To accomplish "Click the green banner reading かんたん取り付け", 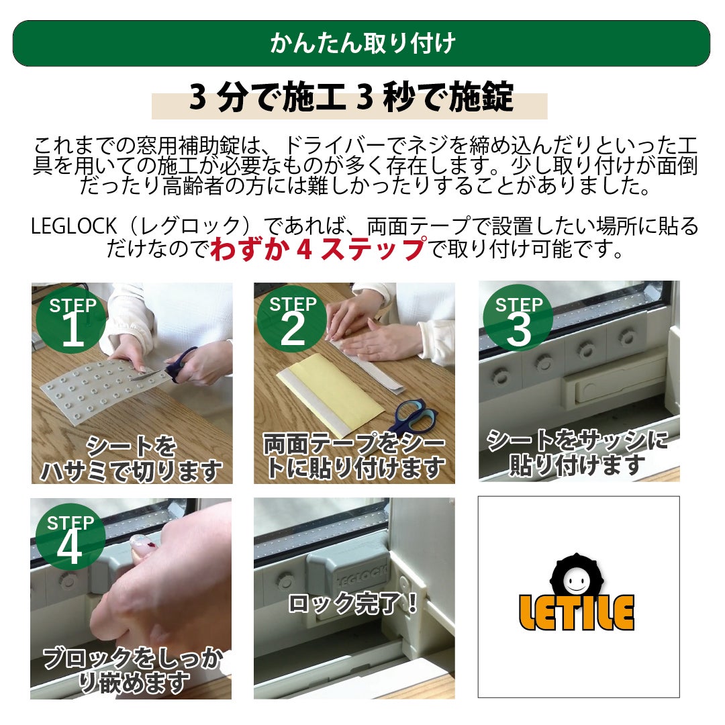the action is [361, 44].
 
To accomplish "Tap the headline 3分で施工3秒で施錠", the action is [351, 97].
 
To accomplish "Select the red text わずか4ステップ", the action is [318, 249].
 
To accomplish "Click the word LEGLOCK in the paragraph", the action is [74, 226].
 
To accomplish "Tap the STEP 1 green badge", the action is [71, 321].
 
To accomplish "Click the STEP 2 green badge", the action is [292, 319].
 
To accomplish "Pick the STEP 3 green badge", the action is [518, 318].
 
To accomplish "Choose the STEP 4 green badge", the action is [70, 537].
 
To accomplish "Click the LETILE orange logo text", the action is [576, 613].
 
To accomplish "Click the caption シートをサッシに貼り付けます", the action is [577, 452].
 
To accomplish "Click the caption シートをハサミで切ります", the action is [132, 458].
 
